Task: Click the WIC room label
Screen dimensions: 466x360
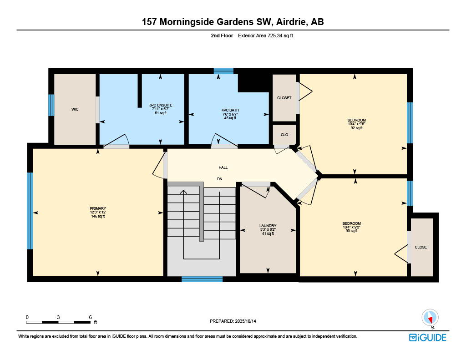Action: tap(75, 109)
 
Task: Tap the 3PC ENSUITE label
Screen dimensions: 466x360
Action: tap(161, 105)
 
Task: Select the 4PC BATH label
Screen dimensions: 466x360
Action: tap(230, 110)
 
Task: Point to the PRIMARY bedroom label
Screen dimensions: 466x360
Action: tap(98, 209)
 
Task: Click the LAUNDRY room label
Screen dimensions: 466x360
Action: tap(268, 226)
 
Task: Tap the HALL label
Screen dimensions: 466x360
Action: tap(223, 167)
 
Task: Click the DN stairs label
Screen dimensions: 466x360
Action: tap(220, 179)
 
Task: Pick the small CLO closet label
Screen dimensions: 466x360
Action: tap(284, 135)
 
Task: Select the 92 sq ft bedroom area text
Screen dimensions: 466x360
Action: tap(357, 128)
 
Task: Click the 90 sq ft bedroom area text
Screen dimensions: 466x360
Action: tap(352, 231)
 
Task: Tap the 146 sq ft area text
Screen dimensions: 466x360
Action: tap(98, 217)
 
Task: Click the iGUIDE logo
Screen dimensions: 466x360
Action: tap(427, 338)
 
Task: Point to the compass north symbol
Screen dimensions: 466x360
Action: tap(430, 318)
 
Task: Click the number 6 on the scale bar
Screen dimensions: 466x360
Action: tap(91, 317)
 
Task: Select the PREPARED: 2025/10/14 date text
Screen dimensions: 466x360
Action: tap(233, 321)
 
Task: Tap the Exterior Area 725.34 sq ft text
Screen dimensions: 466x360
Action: tap(265, 35)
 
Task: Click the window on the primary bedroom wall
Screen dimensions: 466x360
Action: tap(30, 211)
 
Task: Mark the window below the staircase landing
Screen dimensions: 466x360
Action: tap(202, 279)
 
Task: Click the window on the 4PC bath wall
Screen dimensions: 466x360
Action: tap(223, 71)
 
